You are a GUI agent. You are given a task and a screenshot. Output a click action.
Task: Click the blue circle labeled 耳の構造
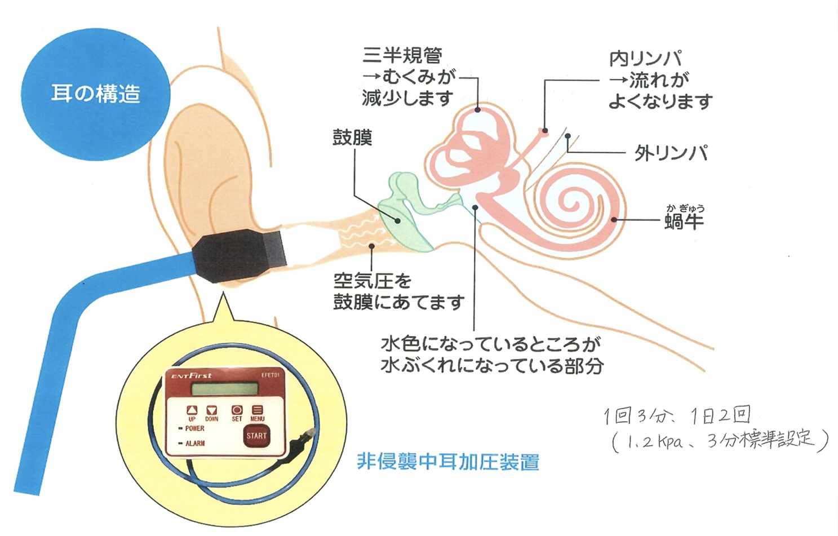coord(95,94)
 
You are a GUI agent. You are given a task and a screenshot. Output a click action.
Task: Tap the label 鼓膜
coord(352,138)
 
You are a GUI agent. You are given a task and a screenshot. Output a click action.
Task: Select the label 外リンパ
coord(671,153)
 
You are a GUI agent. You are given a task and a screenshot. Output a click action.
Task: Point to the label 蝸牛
coord(684,221)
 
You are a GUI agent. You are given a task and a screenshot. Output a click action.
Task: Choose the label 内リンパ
coord(645,59)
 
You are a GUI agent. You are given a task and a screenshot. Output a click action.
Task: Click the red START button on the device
coord(256,435)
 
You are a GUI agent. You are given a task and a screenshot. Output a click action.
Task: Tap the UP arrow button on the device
coord(192,410)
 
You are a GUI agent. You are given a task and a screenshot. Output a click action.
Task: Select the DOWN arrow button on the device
coord(211,410)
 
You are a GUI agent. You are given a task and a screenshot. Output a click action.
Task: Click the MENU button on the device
coord(258,410)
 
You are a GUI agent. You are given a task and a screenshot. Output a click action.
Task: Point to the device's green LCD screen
coord(224,389)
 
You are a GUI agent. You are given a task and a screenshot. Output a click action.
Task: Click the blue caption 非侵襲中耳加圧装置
coord(448,462)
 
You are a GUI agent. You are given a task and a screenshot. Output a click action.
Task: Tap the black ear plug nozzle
coord(240,254)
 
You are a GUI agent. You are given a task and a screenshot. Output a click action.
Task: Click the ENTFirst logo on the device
coord(192,375)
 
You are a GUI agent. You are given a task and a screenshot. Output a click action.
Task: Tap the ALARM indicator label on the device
coord(195,444)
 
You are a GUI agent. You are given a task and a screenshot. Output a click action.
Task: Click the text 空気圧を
coord(373,281)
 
